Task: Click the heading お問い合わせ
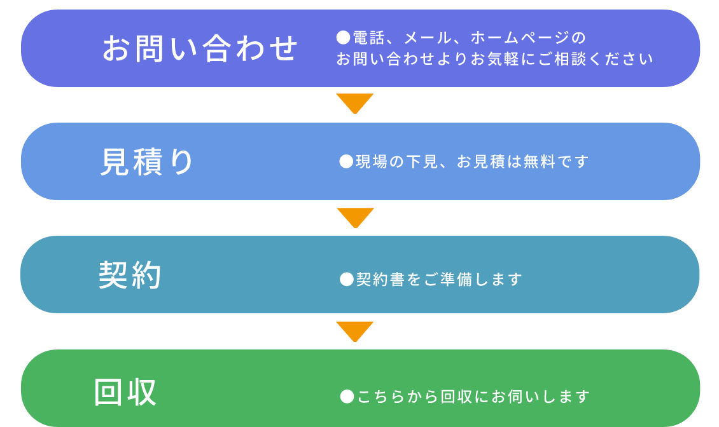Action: (x=200, y=48)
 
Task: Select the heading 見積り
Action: (x=147, y=162)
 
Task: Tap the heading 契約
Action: (x=130, y=275)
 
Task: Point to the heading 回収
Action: (x=125, y=392)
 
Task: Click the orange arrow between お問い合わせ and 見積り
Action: (x=355, y=103)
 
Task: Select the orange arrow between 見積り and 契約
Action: (x=356, y=217)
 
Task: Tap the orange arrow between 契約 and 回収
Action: (x=355, y=331)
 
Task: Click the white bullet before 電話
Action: (x=343, y=37)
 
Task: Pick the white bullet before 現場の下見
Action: (x=346, y=161)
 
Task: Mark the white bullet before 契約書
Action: (x=347, y=279)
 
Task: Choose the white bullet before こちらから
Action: (x=347, y=396)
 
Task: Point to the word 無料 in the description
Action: (x=540, y=161)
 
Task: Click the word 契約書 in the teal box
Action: (x=381, y=279)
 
